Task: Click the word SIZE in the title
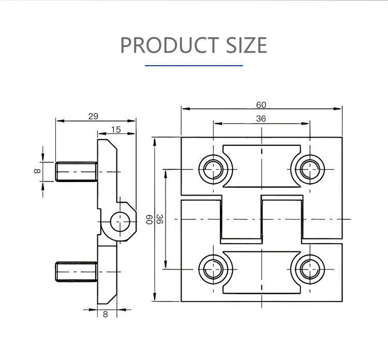click(246, 46)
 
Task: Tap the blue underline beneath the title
click(194, 66)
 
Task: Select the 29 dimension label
click(93, 116)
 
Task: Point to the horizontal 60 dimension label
click(261, 104)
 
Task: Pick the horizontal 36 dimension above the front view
click(261, 118)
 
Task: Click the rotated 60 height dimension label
click(149, 219)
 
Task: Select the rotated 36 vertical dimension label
click(160, 219)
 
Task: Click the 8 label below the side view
click(106, 314)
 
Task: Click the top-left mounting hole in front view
click(213, 169)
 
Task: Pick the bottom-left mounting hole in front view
click(213, 269)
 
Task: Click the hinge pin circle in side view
click(121, 222)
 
